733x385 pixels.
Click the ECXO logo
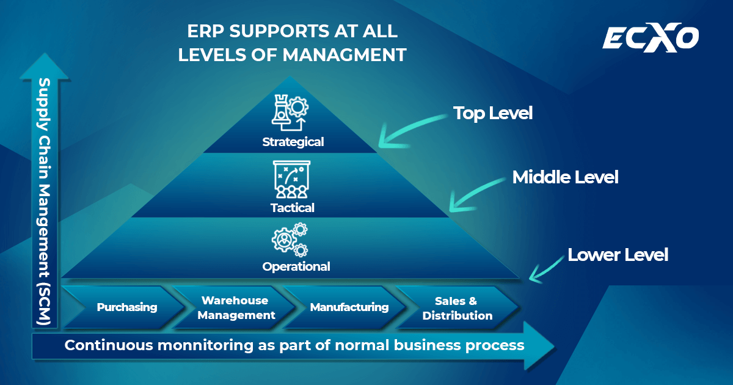coord(651,38)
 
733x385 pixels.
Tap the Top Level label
coord(492,113)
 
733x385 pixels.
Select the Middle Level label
coord(565,177)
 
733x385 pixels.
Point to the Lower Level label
coord(618,254)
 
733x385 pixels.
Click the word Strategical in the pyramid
coord(293,142)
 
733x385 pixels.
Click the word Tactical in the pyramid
coord(293,208)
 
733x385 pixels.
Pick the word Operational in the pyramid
coord(296,266)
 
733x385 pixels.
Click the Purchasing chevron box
coord(127,307)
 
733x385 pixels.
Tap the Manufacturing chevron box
coord(349,307)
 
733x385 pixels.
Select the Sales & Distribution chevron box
coord(457,308)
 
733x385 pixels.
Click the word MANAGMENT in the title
coord(345,55)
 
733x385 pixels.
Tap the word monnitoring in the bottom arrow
coord(205,345)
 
